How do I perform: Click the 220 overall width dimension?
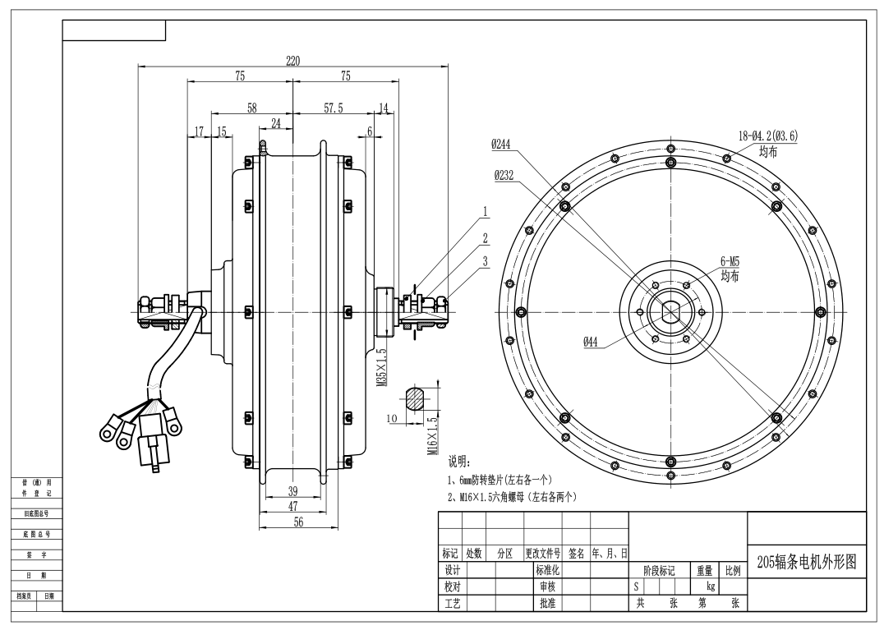tap(292, 61)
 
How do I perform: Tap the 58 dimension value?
tap(251, 108)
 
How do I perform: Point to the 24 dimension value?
tap(275, 123)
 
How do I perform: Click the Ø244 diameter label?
tap(501, 144)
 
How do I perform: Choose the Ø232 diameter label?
tap(504, 176)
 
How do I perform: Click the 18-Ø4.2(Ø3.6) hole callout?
tap(767, 136)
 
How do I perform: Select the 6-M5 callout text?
tap(730, 261)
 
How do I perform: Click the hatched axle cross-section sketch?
tap(417, 398)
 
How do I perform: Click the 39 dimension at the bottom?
tap(293, 491)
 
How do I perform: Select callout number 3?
tap(486, 261)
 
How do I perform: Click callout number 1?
tap(486, 212)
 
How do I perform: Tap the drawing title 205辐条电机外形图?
tap(806, 562)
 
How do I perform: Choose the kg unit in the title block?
tap(711, 587)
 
